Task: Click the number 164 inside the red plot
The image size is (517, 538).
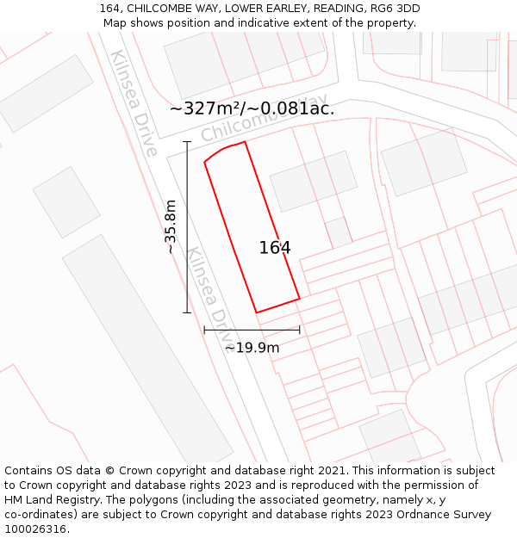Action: (275, 248)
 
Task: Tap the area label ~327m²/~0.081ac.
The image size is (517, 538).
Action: (252, 108)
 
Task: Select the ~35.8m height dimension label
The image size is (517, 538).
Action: (171, 226)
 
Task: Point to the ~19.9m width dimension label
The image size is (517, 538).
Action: (252, 348)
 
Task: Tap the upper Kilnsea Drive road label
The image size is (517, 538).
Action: (134, 103)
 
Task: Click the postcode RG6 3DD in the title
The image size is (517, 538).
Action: (398, 9)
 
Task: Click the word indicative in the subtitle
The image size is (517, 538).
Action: (248, 23)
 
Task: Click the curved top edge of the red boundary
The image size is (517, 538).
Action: (223, 150)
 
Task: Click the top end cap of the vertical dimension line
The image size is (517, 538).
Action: (187, 142)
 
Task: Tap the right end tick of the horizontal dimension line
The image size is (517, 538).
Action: (299, 329)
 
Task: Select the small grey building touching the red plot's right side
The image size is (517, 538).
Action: (338, 232)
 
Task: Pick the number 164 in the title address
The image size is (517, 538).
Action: (109, 9)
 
